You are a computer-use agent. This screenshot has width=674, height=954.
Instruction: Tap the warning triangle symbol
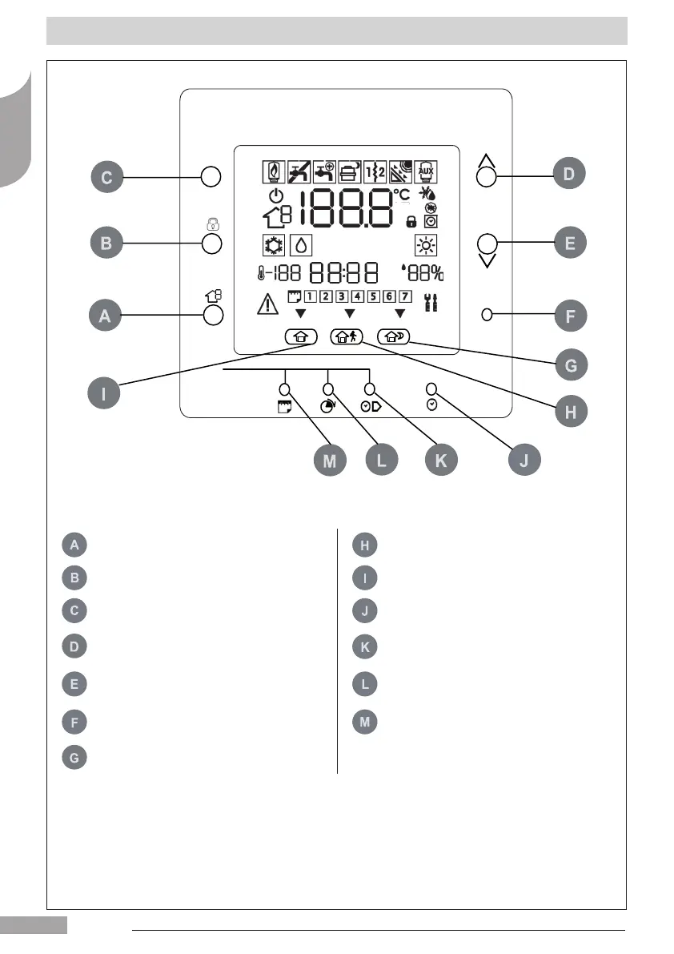point(265,304)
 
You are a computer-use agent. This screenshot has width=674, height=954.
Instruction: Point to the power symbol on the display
point(275,197)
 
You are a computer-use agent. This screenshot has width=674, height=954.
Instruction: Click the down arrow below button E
point(487,260)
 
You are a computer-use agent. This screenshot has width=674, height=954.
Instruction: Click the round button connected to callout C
point(211,177)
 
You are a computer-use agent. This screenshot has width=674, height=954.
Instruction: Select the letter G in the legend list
point(74,757)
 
